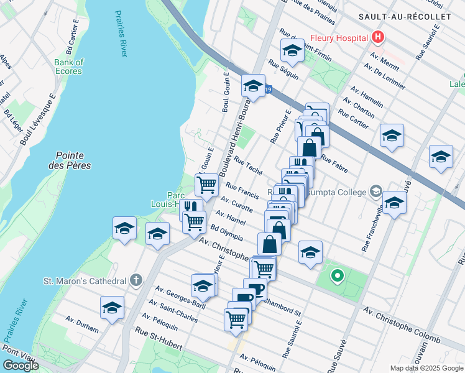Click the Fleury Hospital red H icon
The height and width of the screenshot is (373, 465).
tap(377, 38)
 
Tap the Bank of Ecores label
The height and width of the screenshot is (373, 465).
tap(68, 67)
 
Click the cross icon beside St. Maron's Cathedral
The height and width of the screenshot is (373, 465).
tap(136, 281)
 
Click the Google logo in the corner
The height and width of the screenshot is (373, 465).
tap(21, 365)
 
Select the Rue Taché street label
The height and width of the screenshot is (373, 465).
tap(248, 167)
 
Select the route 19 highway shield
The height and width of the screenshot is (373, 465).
tap(268, 90)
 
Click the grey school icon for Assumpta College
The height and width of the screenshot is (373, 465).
tap(375, 190)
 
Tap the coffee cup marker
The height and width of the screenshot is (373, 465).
tap(254, 289)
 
